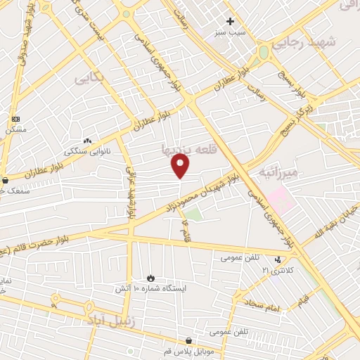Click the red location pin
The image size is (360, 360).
181,165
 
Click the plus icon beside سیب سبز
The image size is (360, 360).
230,21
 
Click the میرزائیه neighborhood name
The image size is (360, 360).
278,172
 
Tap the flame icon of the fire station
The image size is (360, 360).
150,278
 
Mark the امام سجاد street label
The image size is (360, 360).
264,305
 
